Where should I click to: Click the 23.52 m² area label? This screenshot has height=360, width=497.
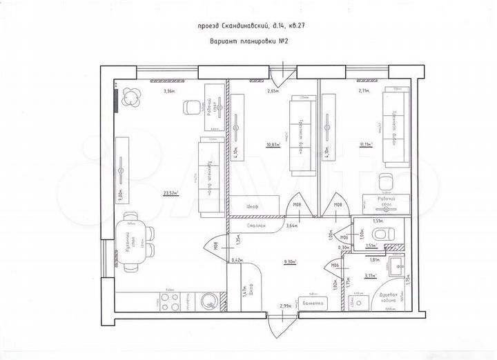168,193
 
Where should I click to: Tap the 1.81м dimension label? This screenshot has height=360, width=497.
373,259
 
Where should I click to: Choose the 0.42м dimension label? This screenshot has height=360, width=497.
237,259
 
